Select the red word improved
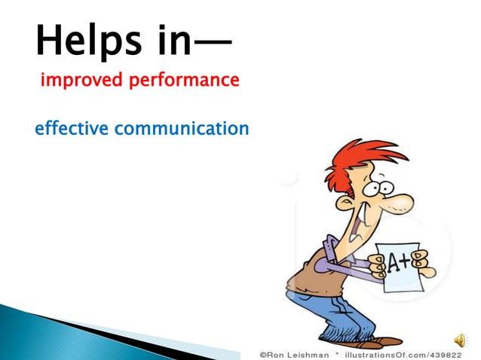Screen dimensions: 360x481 [75, 80]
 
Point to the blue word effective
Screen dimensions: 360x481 [72, 129]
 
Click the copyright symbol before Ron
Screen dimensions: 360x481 [264, 352]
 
